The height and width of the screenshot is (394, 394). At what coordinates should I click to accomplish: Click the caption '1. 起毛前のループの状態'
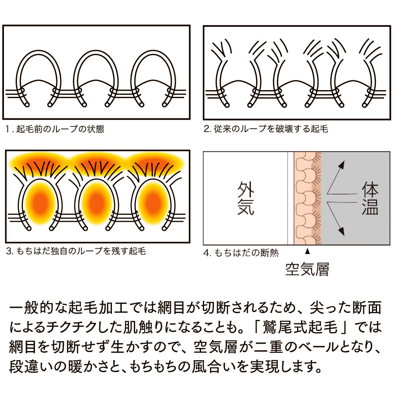55,129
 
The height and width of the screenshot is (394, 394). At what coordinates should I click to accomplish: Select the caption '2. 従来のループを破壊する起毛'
266,129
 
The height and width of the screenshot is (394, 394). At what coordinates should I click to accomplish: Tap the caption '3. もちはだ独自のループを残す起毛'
76,251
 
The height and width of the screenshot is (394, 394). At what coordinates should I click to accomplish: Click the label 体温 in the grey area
370,199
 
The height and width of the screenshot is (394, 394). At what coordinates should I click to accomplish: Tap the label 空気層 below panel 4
307,269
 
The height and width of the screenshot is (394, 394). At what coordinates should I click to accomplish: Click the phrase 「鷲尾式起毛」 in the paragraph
301,327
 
